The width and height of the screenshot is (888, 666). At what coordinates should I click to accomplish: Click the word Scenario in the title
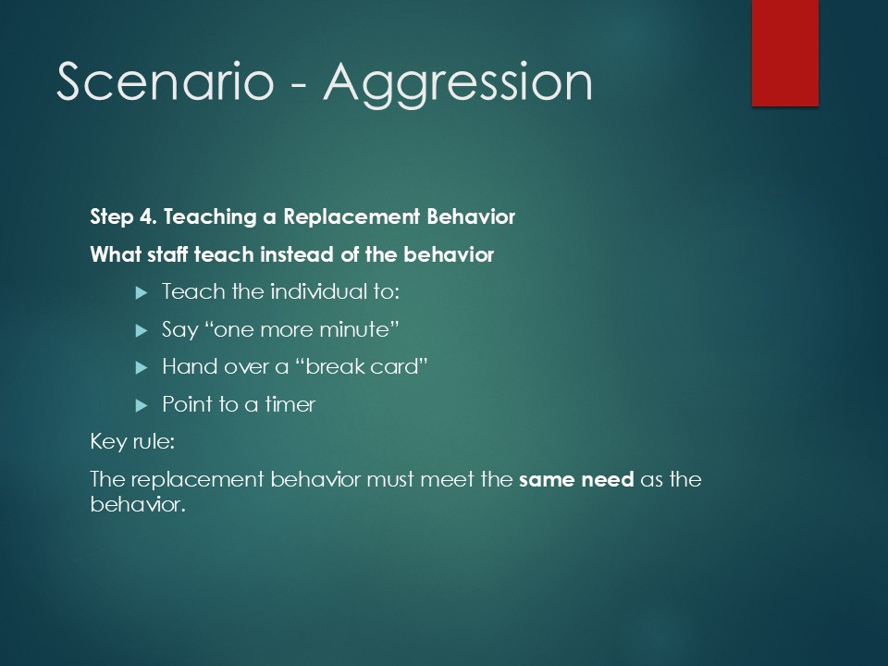[166, 81]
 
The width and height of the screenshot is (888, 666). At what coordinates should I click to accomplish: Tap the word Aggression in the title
[458, 85]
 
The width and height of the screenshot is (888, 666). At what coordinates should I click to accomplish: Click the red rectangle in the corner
[785, 53]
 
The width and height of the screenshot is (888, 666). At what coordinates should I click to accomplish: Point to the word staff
[167, 255]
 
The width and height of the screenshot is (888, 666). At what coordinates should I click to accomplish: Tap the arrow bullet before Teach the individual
[142, 293]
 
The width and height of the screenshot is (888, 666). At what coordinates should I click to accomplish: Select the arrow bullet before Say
[142, 331]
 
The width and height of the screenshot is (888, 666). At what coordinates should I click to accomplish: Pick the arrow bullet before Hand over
[142, 368]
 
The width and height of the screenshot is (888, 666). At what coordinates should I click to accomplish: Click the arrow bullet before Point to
[142, 405]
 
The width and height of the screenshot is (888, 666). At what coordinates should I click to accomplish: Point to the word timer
[290, 404]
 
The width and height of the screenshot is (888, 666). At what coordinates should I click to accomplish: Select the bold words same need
[576, 480]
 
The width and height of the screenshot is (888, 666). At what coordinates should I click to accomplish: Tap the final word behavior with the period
[138, 504]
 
